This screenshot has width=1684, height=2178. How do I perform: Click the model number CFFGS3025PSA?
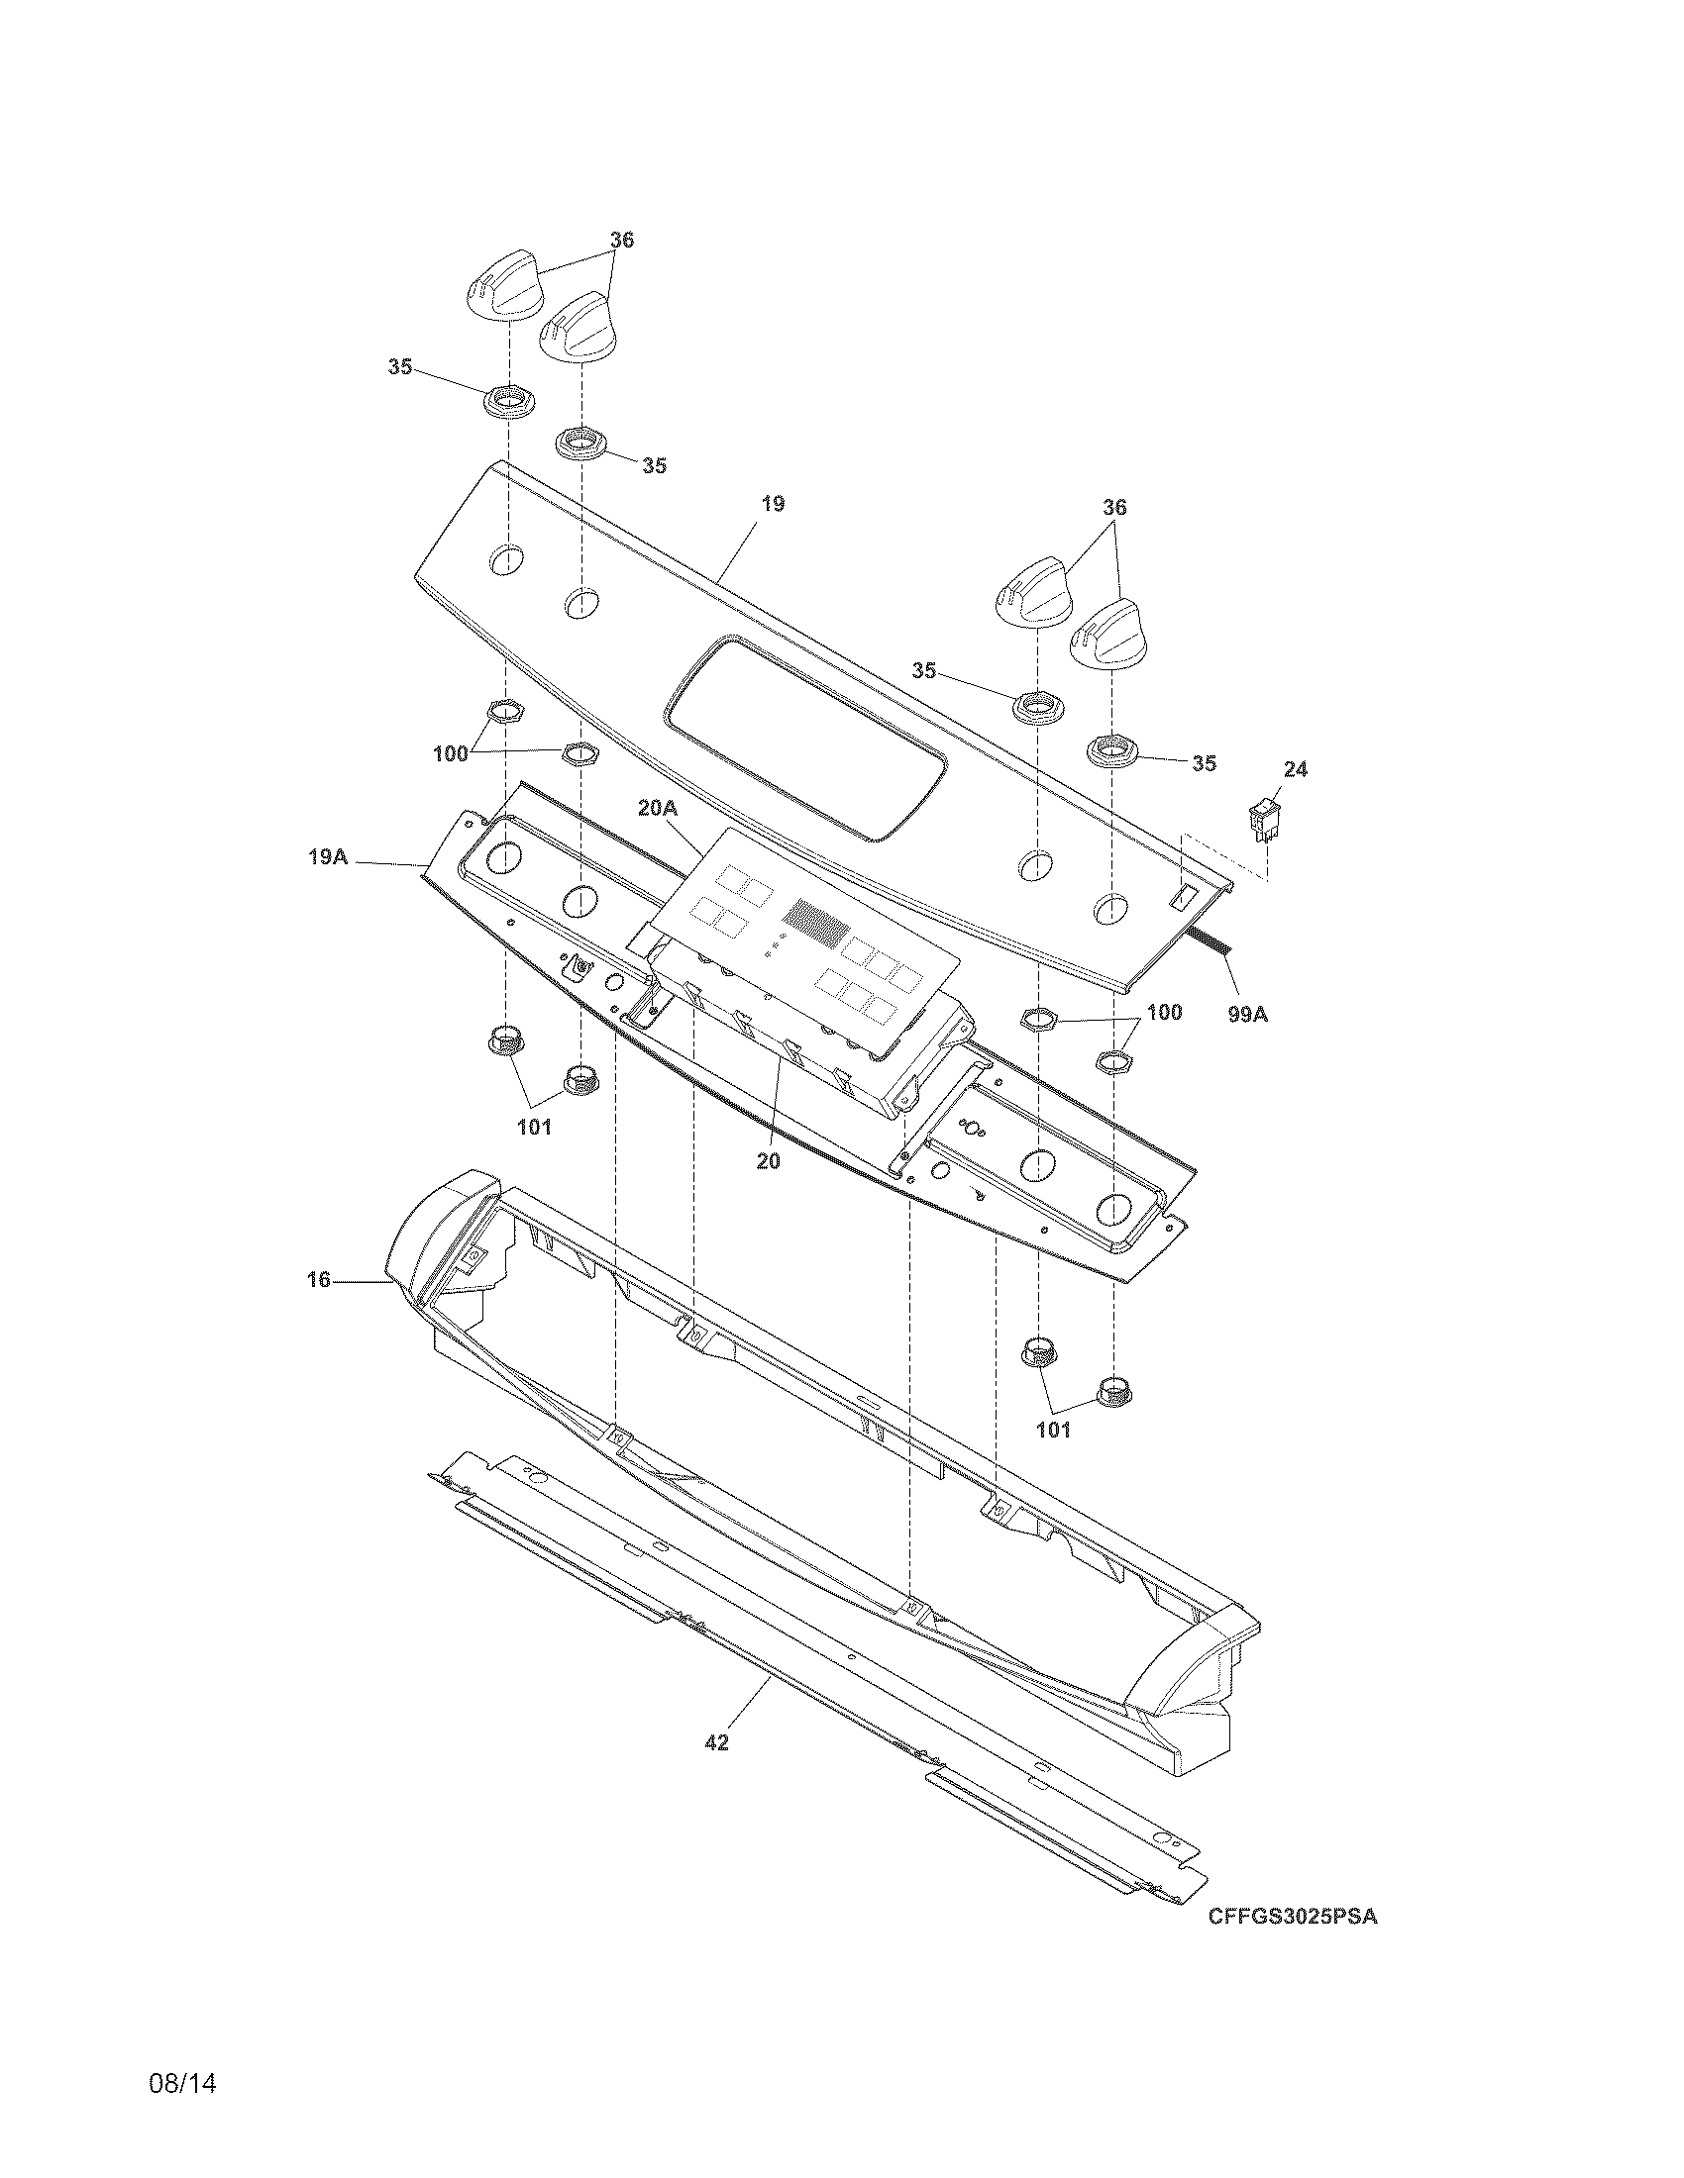tap(1292, 1917)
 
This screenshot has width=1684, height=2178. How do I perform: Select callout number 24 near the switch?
tap(1295, 769)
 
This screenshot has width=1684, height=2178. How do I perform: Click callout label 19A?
tap(327, 855)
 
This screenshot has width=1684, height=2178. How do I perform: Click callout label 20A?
tap(657, 808)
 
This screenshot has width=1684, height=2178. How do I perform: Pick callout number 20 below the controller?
tap(767, 1161)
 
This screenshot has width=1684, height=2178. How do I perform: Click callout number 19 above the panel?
tap(773, 504)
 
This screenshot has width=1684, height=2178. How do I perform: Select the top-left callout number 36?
tap(621, 241)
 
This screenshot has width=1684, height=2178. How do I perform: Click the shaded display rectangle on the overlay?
tap(816, 923)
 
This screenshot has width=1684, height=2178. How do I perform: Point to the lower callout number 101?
tap(1052, 1431)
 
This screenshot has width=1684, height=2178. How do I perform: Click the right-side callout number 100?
tap(1163, 1013)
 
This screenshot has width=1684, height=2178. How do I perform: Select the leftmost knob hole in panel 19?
tap(505, 558)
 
